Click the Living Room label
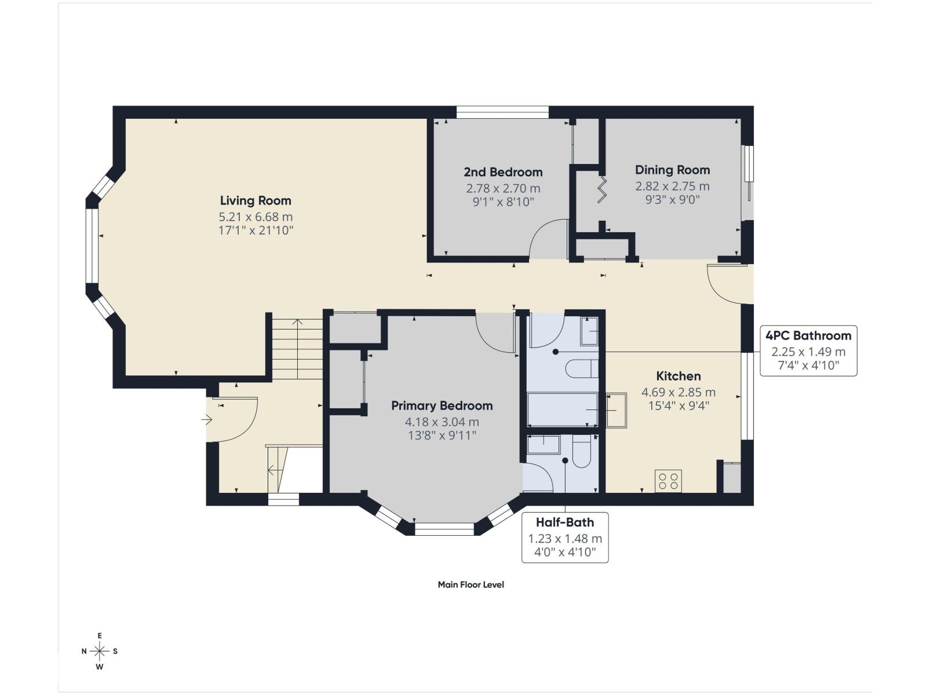click(256, 201)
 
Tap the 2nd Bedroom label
click(503, 172)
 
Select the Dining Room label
click(672, 170)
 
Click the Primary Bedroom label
click(441, 406)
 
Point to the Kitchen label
click(678, 376)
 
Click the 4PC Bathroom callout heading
click(808, 335)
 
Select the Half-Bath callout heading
click(564, 522)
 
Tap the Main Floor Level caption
click(470, 585)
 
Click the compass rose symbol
click(100, 652)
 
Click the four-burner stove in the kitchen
click(668, 481)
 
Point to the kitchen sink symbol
click(616, 410)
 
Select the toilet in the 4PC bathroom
click(582, 368)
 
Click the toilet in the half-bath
click(581, 452)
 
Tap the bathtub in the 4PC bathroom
click(562, 409)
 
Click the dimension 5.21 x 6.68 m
click(256, 217)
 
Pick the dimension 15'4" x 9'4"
click(678, 406)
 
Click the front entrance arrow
click(207, 419)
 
